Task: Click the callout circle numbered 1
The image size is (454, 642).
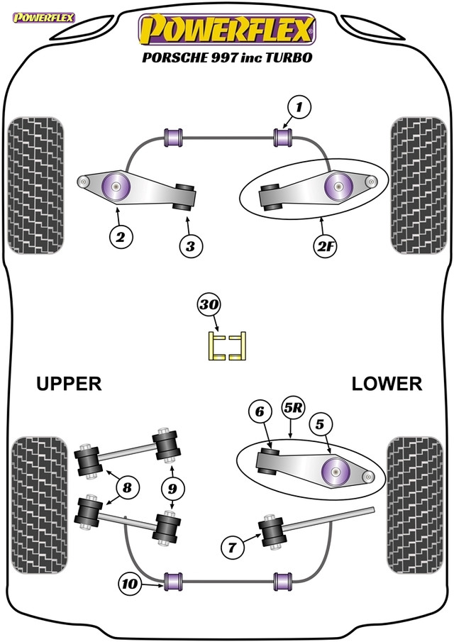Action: click(299, 107)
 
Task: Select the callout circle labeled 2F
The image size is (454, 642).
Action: click(325, 246)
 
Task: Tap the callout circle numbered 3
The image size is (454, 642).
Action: click(191, 246)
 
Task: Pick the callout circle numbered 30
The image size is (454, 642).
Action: click(209, 305)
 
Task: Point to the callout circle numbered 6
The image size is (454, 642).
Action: click(260, 411)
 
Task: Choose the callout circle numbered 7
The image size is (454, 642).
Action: click(232, 547)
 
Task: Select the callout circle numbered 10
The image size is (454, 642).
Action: click(131, 584)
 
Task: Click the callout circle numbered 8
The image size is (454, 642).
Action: click(127, 487)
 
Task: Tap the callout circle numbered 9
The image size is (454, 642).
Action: click(172, 489)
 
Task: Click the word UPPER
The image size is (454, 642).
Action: click(69, 384)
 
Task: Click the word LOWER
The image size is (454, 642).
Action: click(387, 384)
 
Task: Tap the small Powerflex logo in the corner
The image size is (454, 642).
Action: click(44, 18)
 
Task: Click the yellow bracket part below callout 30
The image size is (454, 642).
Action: click(227, 346)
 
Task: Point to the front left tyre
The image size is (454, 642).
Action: click(35, 185)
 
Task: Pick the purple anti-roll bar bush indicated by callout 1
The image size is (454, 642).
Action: click(282, 137)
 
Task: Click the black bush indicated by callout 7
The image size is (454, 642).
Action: click(270, 531)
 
